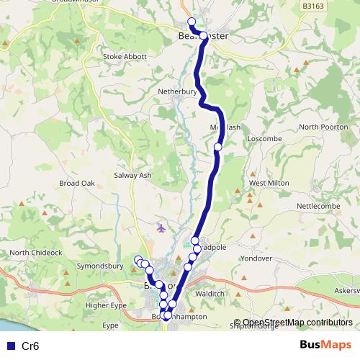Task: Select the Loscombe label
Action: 261,137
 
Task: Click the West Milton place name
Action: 269,183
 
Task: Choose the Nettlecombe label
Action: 318,205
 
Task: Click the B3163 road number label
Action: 313,6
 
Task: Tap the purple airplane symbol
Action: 161,228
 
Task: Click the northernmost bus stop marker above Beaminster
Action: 192,22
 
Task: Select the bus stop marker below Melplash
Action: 217,147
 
